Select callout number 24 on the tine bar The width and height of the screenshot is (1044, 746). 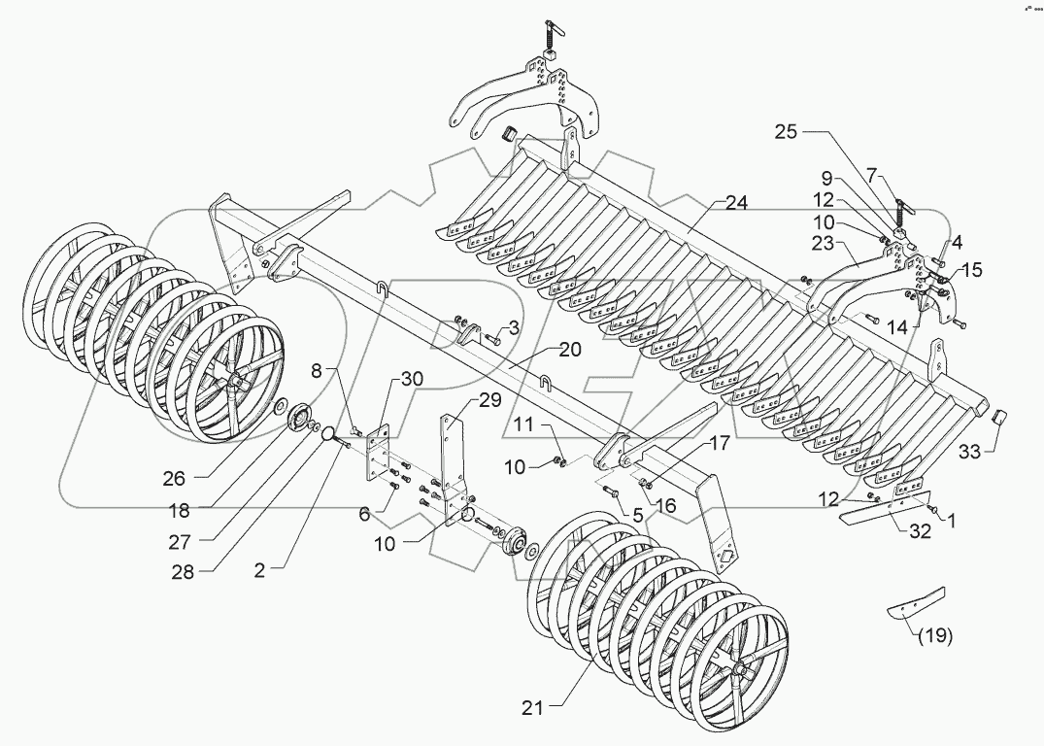[x=736, y=204]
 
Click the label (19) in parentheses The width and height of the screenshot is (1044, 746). [x=932, y=637]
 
